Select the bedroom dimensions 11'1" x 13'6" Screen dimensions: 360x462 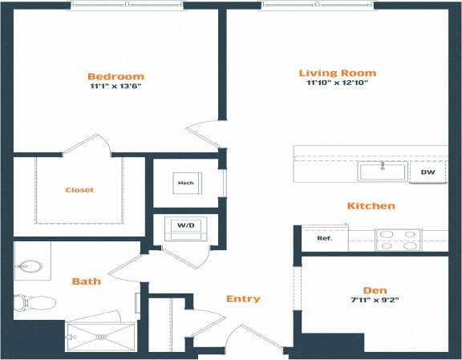[x=116, y=87]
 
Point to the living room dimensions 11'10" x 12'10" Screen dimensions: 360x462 [x=337, y=83]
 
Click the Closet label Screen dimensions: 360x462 [x=79, y=190]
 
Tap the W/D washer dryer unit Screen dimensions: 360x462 [x=185, y=227]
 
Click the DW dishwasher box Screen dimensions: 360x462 [x=428, y=172]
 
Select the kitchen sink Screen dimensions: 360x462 [x=383, y=171]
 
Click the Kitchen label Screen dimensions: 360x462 [x=371, y=206]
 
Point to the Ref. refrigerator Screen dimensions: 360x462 [x=325, y=238]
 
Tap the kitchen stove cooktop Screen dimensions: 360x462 [x=398, y=240]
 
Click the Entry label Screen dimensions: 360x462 [x=243, y=299]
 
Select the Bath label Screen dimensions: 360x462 [x=86, y=281]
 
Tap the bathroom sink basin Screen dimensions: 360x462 [x=31, y=265]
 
